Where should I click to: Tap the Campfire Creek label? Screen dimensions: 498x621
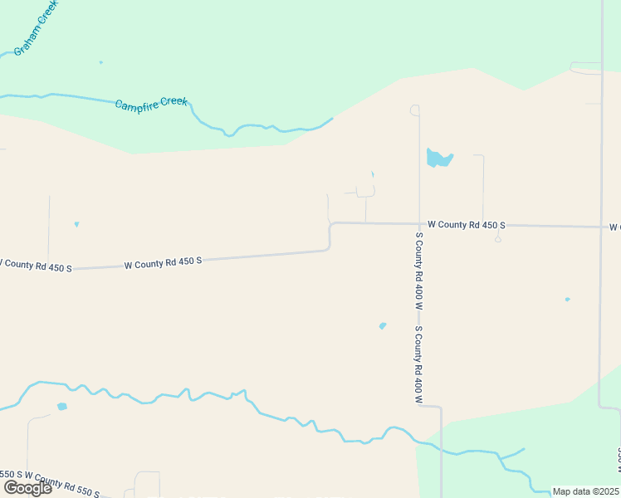[151, 104]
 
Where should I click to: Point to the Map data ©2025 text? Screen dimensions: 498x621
[585, 491]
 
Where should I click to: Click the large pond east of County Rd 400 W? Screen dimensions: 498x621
[438, 158]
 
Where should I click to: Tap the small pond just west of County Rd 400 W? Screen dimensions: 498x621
[383, 325]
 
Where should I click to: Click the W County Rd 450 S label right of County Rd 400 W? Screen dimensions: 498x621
[466, 225]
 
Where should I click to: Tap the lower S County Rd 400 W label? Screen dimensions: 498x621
[419, 365]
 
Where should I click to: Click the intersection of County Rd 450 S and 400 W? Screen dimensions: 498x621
[419, 223]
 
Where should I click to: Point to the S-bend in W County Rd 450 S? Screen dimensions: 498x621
[330, 236]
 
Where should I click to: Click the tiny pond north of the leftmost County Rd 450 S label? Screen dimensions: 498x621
[76, 224]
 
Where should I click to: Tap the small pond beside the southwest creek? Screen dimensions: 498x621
[61, 407]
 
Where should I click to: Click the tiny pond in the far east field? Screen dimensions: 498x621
[567, 300]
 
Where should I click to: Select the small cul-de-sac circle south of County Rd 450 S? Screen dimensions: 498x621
[497, 239]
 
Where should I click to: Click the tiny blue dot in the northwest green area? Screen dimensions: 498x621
[101, 62]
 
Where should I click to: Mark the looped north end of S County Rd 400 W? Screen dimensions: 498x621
[414, 110]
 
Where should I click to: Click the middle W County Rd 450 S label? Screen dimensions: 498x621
[163, 262]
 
